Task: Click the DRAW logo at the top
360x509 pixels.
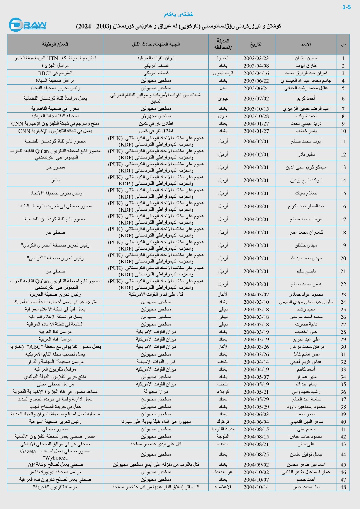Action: pyautogui.click(x=28, y=25)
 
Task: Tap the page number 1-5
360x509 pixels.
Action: pyautogui.click(x=347, y=7)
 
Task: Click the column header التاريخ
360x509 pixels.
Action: pyautogui.click(x=256, y=44)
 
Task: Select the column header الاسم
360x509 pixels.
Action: pyautogui.click(x=306, y=44)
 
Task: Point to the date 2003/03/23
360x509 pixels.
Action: pyautogui.click(x=256, y=58)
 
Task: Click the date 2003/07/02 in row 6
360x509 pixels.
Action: pyautogui.click(x=256, y=99)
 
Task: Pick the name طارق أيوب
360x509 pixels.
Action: pyautogui.click(x=306, y=66)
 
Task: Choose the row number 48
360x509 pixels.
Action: pyautogui.click(x=343, y=487)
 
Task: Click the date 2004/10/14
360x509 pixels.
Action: pyautogui.click(x=256, y=487)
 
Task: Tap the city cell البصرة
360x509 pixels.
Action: pyautogui.click(x=223, y=58)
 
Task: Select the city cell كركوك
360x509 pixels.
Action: pyautogui.click(x=223, y=422)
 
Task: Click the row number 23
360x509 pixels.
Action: pyautogui.click(x=343, y=295)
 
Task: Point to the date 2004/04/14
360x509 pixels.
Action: pyautogui.click(x=256, y=362)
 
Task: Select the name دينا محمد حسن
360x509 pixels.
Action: pyautogui.click(x=306, y=487)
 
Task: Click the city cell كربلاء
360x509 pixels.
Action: pyautogui.click(x=223, y=392)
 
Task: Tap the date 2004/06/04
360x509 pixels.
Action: pyautogui.click(x=256, y=422)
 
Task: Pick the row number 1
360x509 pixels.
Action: pyautogui.click(x=343, y=58)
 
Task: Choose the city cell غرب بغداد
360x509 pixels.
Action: pyautogui.click(x=223, y=472)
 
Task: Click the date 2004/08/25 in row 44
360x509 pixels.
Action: pyautogui.click(x=256, y=455)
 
